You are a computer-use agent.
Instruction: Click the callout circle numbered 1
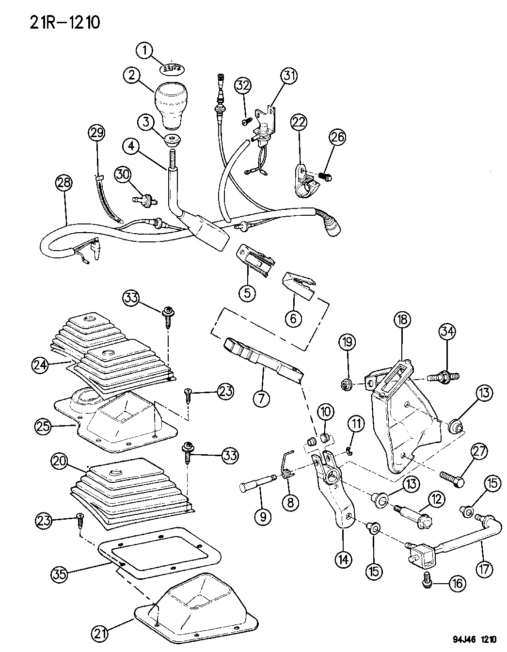coord(144,49)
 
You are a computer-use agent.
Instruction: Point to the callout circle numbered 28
coord(64,183)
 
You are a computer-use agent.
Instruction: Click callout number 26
coord(338,137)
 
